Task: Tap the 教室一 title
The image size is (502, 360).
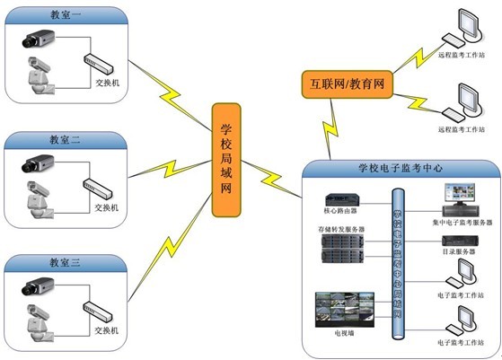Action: [65, 15]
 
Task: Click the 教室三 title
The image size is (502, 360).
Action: [65, 262]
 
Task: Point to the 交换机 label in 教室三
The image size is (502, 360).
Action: [107, 329]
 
